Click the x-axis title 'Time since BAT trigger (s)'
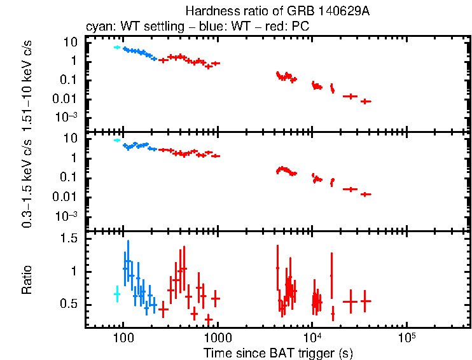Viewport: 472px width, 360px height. coord(278,353)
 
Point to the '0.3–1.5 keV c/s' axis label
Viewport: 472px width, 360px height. coord(27,183)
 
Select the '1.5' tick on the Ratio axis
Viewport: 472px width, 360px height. coord(69,239)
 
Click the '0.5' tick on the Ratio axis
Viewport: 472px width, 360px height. coord(69,305)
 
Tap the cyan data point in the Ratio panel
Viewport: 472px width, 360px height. coord(117,294)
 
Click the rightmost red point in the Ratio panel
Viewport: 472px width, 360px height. coord(365,301)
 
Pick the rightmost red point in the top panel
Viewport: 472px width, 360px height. coord(365,101)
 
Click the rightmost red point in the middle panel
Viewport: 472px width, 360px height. coord(365,194)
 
